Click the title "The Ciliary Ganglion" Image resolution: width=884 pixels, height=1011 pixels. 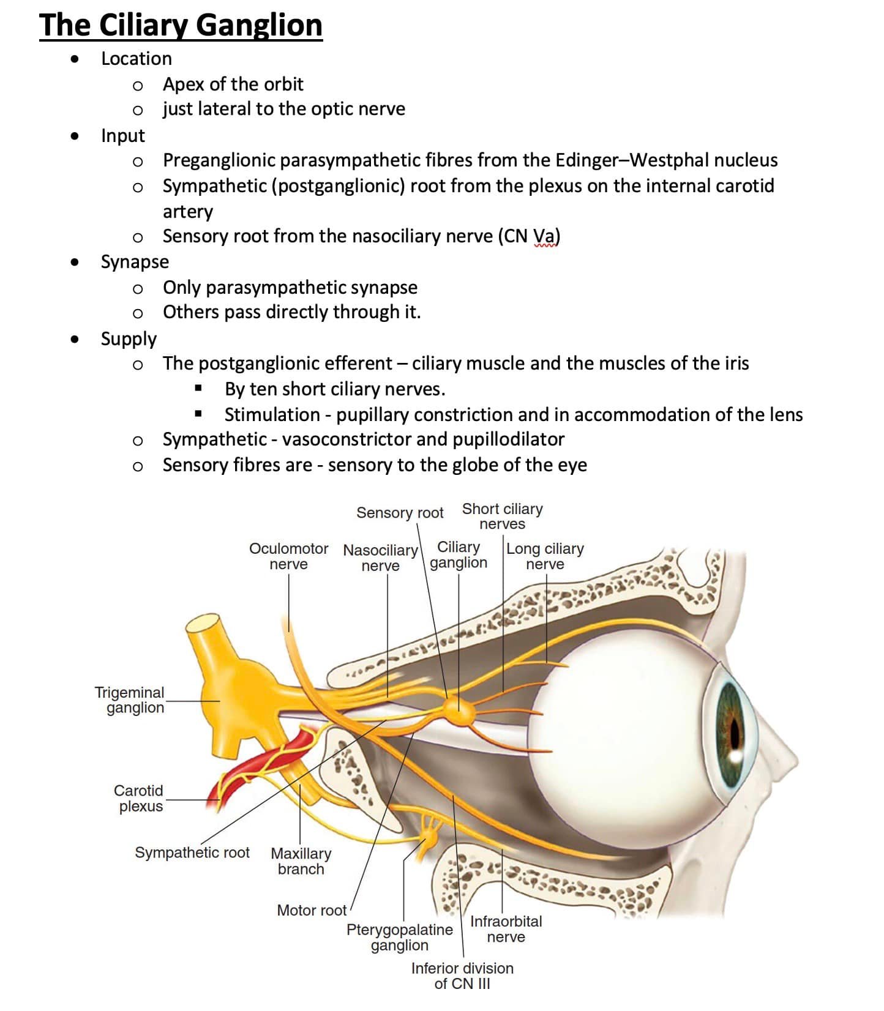[181, 26]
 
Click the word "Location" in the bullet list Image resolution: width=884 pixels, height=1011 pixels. [137, 59]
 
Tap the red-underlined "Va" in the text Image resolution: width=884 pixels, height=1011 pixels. [544, 236]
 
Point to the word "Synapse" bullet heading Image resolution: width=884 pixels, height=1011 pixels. [135, 263]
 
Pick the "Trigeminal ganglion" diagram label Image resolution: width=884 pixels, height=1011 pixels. [130, 700]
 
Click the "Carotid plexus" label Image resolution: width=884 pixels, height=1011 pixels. [139, 798]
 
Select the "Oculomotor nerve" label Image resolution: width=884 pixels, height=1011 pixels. [288, 556]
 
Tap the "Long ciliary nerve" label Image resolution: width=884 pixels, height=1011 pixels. [545, 556]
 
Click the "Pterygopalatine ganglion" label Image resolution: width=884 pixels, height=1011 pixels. [400, 938]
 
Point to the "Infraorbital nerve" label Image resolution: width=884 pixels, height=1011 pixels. [506, 929]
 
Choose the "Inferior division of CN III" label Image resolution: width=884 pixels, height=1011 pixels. [462, 976]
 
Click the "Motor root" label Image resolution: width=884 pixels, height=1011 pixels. [312, 911]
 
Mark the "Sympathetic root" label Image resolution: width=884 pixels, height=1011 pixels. [192, 853]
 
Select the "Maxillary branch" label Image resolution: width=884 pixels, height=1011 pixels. [301, 861]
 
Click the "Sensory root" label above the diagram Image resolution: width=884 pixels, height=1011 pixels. [400, 513]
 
